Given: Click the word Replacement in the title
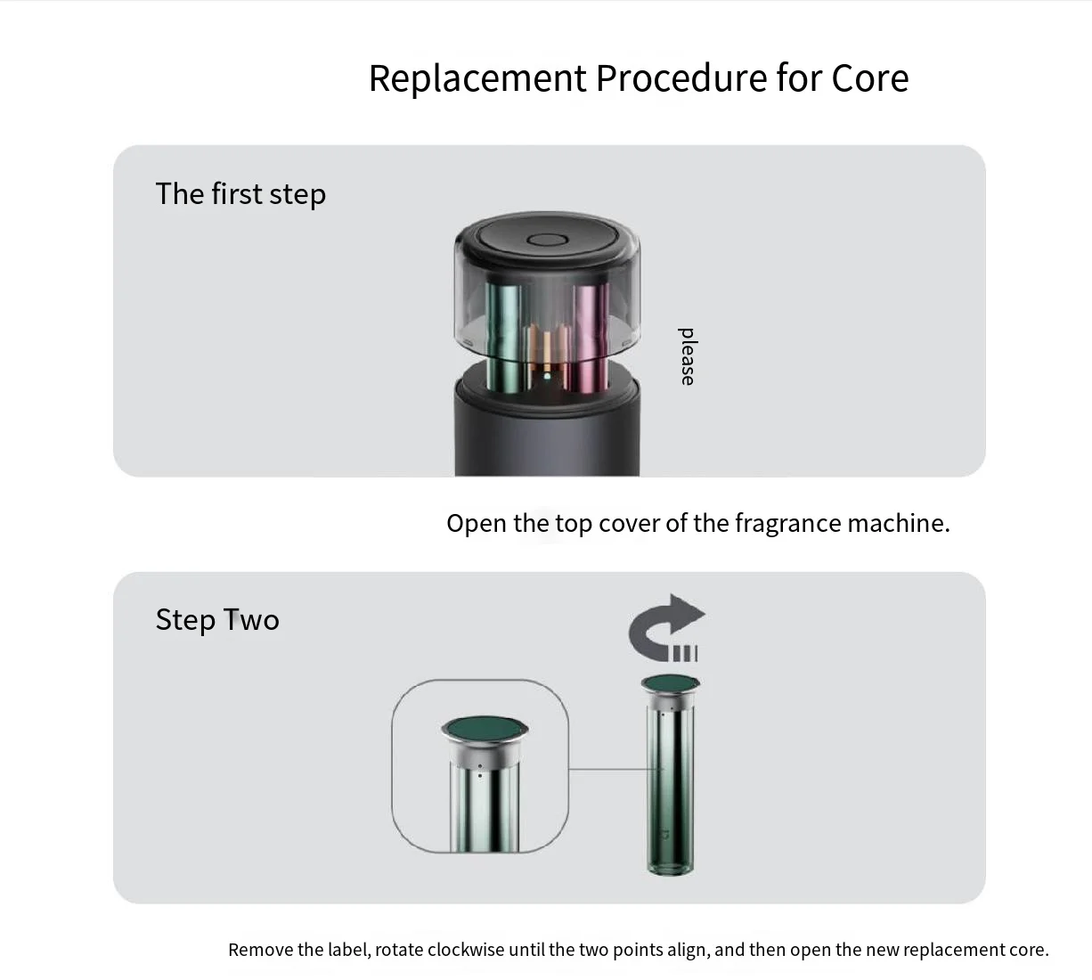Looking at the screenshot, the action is [x=477, y=79].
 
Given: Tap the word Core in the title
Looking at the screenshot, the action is [x=870, y=78].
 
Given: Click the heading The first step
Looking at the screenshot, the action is [x=240, y=194].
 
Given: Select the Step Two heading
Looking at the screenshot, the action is [x=217, y=619].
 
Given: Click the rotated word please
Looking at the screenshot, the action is [x=686, y=356].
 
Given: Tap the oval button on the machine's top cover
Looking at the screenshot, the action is [x=547, y=240].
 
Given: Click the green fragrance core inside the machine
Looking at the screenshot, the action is [x=504, y=337].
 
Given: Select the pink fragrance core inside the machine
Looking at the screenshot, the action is [x=591, y=337].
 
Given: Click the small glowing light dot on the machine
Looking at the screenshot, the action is [x=547, y=376].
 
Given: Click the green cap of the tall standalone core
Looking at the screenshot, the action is [x=671, y=683].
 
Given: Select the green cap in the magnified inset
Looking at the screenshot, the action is [x=485, y=729].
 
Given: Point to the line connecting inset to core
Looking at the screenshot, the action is [x=615, y=769].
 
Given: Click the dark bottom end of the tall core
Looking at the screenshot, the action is [x=670, y=865].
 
